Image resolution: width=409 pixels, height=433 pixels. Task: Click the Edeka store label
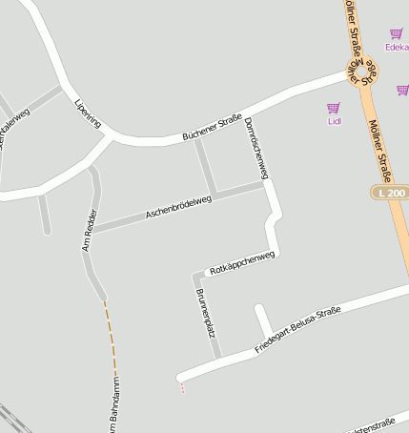pos(396,46)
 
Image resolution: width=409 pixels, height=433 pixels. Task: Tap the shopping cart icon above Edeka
pos(397,33)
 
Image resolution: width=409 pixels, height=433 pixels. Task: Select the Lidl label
pos(334,121)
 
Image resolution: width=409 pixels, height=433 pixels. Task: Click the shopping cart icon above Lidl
pos(334,109)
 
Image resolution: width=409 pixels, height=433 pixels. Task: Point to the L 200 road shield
pos(391,193)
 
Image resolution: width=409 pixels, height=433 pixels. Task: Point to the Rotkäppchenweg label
pos(241,263)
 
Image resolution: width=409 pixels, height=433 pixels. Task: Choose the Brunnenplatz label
pos(206,313)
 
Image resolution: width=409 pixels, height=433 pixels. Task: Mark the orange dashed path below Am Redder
pos(111,334)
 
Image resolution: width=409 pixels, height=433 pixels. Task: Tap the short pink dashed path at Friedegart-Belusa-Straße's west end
pos(182,386)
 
